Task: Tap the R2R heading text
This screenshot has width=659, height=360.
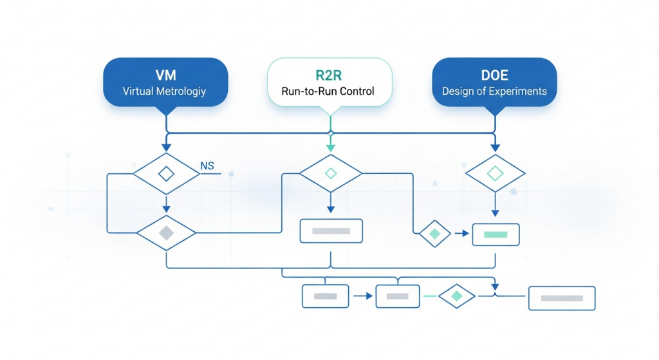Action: coord(328,73)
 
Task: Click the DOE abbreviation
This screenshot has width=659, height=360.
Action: coord(494,73)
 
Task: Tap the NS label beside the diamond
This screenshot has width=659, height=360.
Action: coord(207,166)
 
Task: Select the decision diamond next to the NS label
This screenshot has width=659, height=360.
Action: coord(166,173)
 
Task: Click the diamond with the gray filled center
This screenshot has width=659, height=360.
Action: coord(166,232)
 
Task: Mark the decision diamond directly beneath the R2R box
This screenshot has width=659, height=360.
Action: coord(330,173)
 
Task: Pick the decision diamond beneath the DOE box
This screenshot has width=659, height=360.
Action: coord(495,173)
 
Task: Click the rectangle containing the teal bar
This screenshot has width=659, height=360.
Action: coord(496,234)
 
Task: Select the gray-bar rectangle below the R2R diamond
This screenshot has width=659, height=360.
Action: coord(331,231)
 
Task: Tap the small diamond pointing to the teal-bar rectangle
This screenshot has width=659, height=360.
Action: coord(435,234)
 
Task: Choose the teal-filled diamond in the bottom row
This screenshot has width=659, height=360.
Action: coord(456,296)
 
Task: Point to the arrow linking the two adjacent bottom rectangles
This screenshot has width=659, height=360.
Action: coord(363,296)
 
